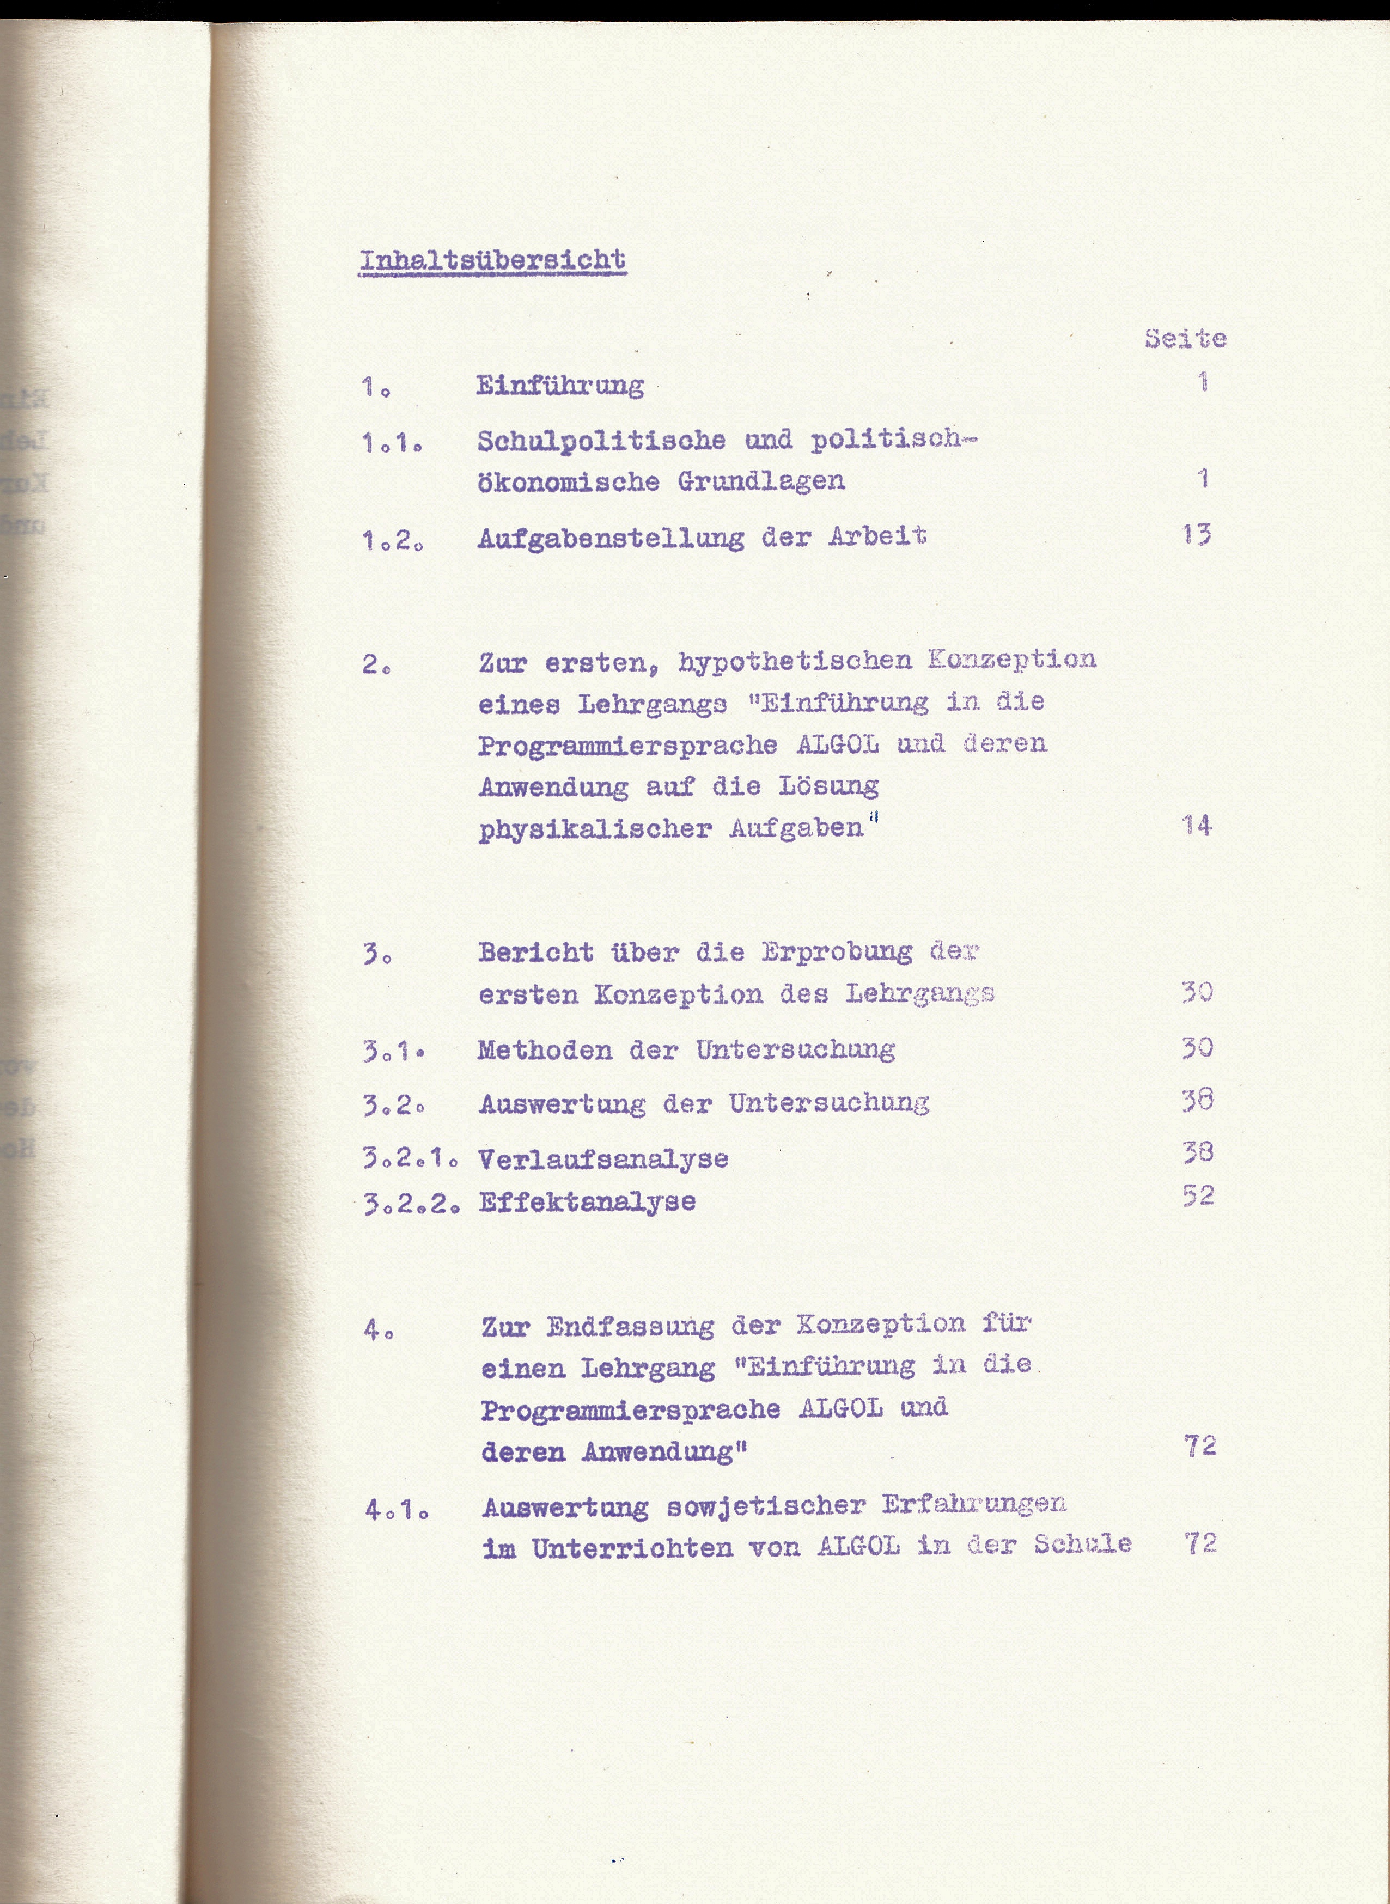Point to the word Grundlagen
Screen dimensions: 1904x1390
click(761, 481)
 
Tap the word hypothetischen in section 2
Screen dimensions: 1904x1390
click(795, 661)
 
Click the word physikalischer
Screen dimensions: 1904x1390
click(595, 829)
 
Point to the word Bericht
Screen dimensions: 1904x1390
click(535, 953)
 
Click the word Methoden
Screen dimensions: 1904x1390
click(544, 1050)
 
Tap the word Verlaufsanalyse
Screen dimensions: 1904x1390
click(602, 1160)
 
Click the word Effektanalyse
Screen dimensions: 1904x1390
click(587, 1201)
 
